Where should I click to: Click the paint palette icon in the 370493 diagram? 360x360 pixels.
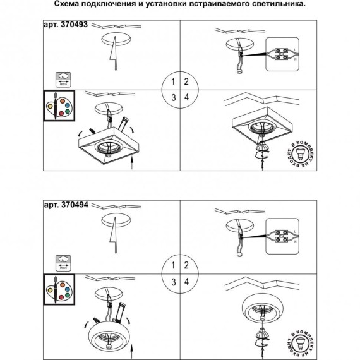pos(58,108)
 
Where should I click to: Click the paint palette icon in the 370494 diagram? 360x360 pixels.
pos(58,289)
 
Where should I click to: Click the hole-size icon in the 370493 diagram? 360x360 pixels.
pos(63,80)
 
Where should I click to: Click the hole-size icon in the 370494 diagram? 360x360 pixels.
pos(63,261)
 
